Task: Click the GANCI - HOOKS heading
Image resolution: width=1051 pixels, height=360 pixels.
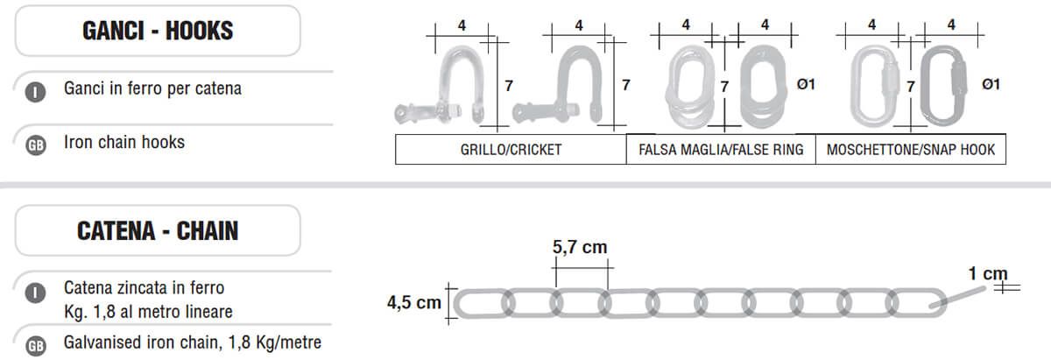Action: [158, 31]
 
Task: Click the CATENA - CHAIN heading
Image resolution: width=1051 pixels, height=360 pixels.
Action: [158, 231]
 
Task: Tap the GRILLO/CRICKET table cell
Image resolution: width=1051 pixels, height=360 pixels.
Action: [511, 149]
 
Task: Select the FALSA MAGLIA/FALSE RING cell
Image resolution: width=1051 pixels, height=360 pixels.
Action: [721, 149]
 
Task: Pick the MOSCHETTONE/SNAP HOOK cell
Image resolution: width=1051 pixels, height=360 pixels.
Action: [911, 149]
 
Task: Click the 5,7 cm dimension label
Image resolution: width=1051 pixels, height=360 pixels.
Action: [580, 247]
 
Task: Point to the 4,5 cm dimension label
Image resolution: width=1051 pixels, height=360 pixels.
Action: [413, 302]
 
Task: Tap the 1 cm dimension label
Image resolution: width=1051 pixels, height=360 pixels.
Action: [988, 273]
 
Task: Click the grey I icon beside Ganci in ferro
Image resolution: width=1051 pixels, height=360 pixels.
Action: [36, 92]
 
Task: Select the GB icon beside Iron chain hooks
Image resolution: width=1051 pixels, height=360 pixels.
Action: [36, 145]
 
